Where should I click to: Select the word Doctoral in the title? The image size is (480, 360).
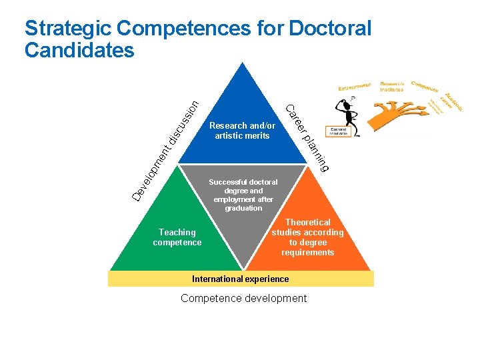329,29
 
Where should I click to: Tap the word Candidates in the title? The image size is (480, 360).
79,51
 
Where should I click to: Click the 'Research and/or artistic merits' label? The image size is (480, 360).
242,131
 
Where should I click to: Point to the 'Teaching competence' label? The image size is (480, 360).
177,237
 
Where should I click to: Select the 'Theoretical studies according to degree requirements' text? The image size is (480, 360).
307,237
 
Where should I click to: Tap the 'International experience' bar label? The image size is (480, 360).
240,279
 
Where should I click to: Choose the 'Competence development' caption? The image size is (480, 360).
243,298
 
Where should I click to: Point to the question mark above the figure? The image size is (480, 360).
352,97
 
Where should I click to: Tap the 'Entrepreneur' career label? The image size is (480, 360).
354,87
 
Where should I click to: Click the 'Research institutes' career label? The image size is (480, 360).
393,87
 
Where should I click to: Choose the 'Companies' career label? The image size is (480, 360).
425,87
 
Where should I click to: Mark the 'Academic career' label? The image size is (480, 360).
455,101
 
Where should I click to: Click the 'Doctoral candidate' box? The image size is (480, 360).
337,131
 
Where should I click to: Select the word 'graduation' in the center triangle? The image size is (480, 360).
243,208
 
